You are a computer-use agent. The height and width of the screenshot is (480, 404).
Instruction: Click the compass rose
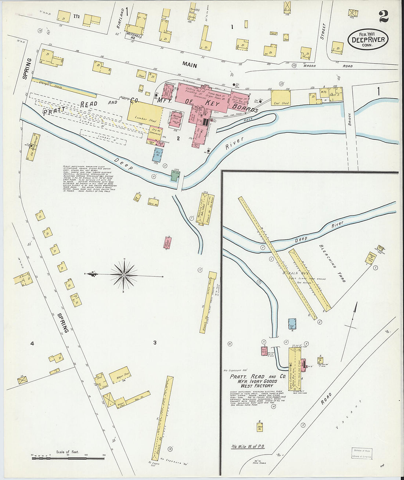124,275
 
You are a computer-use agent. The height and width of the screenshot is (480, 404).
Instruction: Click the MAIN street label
189,65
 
